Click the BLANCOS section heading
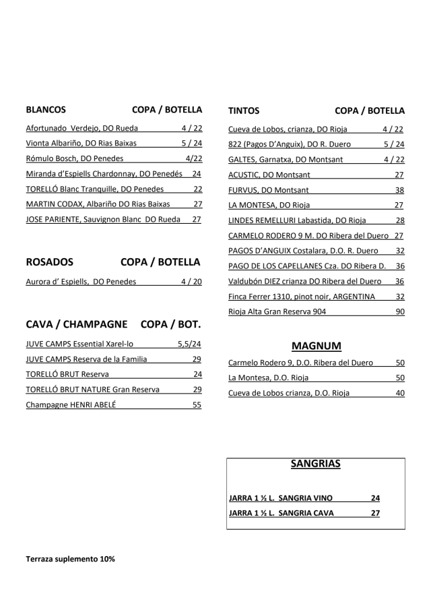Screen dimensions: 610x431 coord(45,111)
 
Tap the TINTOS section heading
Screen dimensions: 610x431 coord(244,111)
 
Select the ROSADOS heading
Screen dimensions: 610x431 coord(49,262)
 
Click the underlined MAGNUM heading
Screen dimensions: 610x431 coord(317,346)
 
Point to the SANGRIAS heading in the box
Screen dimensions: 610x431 coord(316,464)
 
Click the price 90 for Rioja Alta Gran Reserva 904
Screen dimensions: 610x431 coord(399,312)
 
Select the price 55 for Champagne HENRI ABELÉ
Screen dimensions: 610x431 coord(197,406)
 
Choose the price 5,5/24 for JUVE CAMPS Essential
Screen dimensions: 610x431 coord(189,344)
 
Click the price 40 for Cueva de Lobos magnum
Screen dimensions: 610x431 coord(399,393)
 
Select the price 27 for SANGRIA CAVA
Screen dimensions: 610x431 coord(375,513)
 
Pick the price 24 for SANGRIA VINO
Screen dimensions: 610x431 coord(375,498)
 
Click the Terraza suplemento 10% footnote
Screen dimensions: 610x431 coord(70,559)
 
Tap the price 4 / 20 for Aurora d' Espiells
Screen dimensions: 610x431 coord(191,282)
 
